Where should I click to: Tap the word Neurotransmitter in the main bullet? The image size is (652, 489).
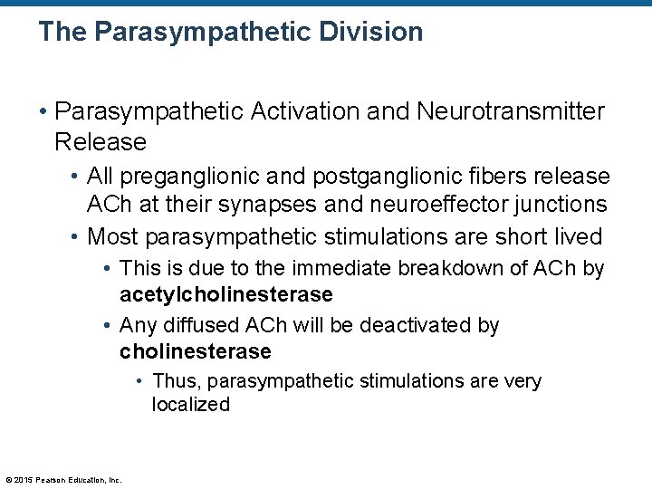pos(511,111)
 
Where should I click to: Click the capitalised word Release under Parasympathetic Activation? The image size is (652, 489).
pos(100,142)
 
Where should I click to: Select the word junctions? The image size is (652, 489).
pos(562,206)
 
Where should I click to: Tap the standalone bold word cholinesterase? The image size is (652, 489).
pos(196,351)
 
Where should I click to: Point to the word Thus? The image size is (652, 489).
pos(172,381)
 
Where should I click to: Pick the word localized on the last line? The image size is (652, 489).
pos(191,405)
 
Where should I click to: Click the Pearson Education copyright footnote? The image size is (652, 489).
pos(63,480)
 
